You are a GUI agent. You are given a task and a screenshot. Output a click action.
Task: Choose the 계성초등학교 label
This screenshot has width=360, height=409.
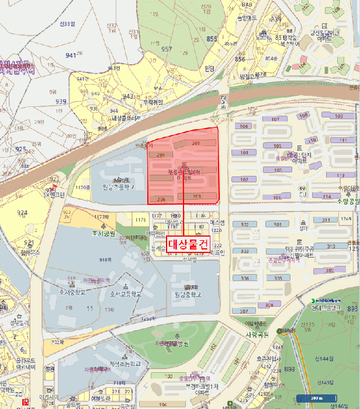125,363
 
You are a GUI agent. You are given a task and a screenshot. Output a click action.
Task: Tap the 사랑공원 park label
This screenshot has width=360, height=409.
255,335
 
